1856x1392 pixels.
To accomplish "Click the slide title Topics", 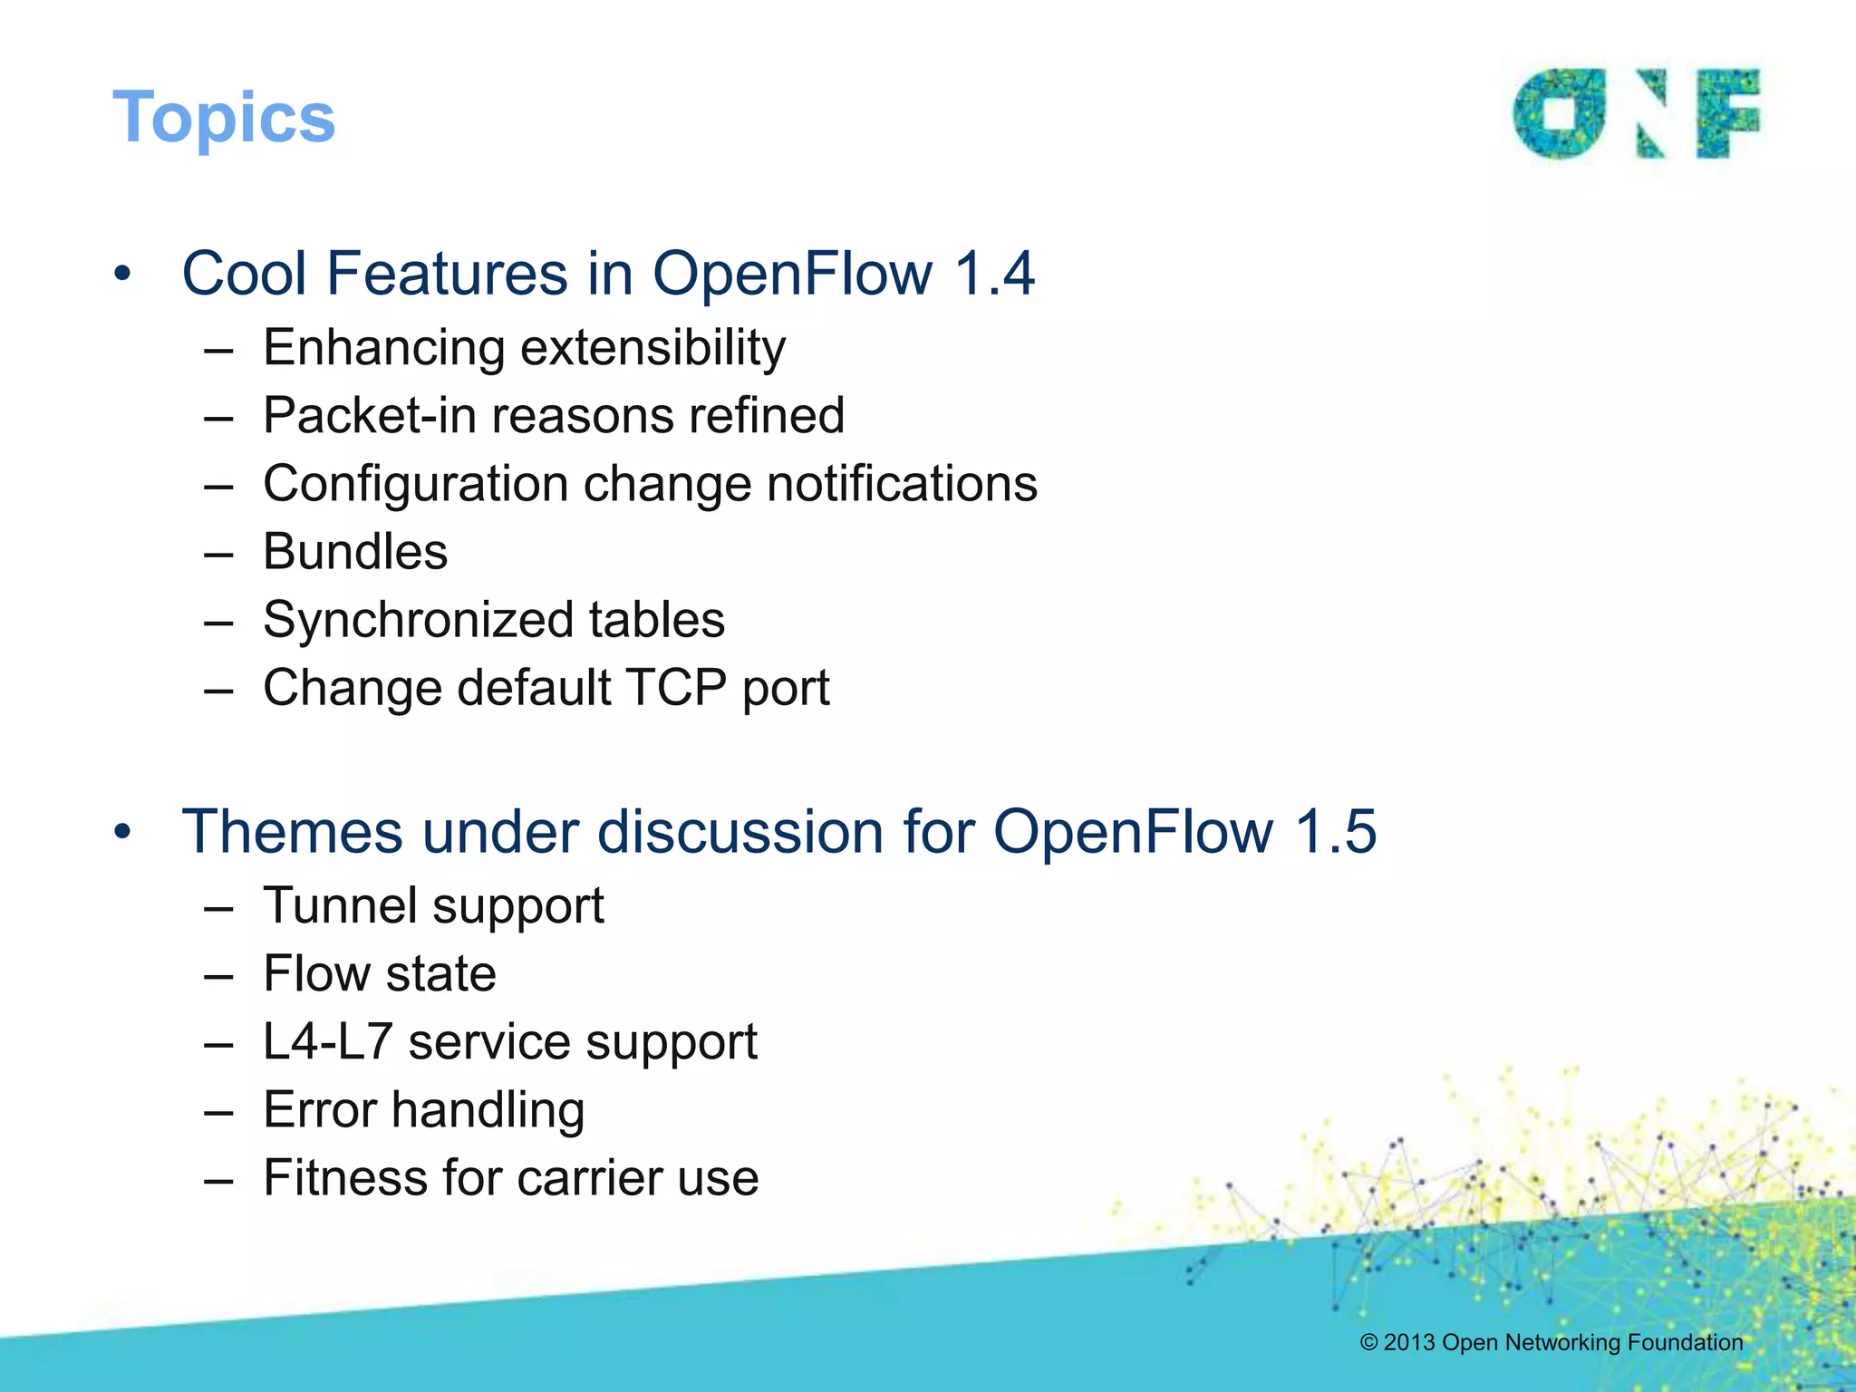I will (x=224, y=118).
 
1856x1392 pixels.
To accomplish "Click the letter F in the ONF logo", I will (x=1727, y=112).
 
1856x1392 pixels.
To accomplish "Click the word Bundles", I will (x=355, y=552).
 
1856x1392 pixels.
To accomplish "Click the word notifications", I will (x=902, y=484).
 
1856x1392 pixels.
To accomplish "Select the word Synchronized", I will (x=418, y=620).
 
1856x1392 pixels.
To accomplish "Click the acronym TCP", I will (x=676, y=688).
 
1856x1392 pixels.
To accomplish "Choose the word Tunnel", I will (x=339, y=905).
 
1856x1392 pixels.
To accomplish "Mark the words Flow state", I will (x=380, y=974).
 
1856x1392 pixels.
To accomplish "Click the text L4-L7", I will (x=327, y=1042).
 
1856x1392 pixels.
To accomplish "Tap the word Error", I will (x=319, y=1110).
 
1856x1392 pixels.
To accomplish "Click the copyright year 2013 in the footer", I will (x=1409, y=1342).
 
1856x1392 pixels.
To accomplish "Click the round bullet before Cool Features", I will (x=123, y=274).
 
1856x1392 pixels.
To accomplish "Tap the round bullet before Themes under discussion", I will (x=123, y=832).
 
